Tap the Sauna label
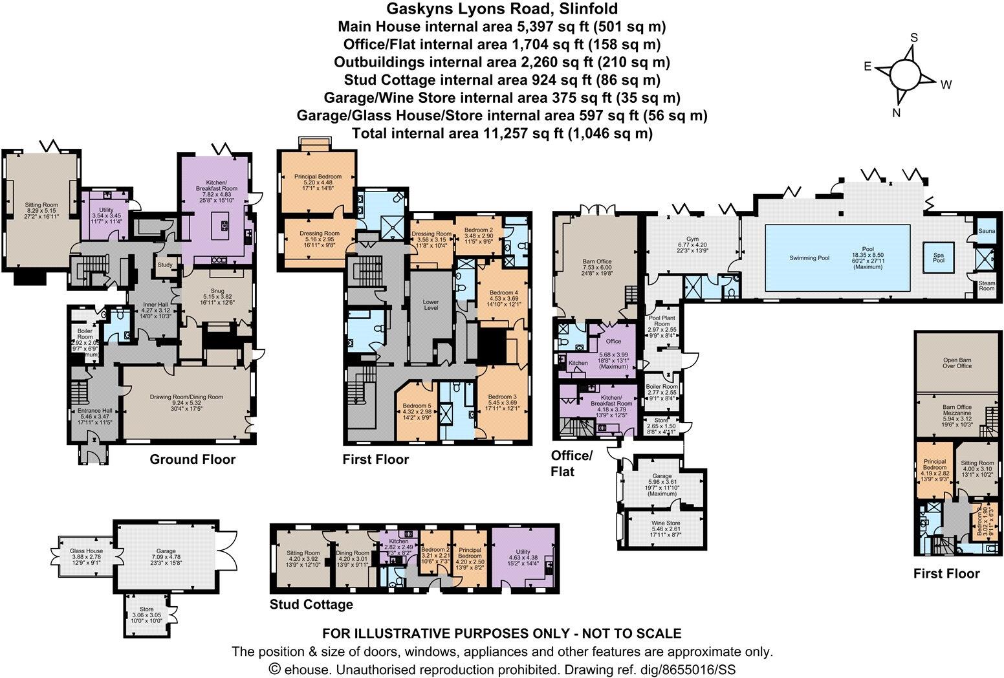[987, 230]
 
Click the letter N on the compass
[897, 113]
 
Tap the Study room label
[164, 264]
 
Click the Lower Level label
[430, 304]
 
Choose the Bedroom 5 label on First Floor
[416, 406]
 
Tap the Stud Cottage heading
[312, 604]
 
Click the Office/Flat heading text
[571, 463]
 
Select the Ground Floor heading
[192, 459]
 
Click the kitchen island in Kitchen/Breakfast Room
[224, 225]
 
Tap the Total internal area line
[501, 133]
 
